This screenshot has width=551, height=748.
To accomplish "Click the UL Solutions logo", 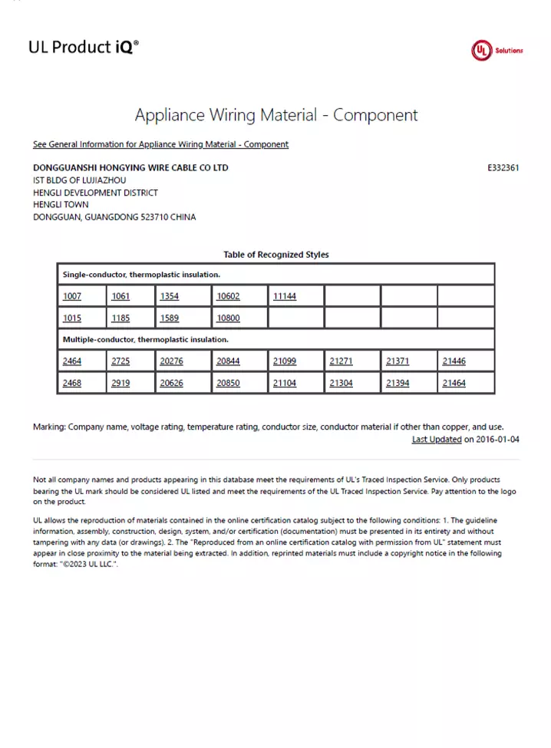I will coord(497,51).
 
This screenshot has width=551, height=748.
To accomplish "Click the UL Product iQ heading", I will coord(84,48).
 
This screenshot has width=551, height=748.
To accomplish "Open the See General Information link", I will coord(160,144).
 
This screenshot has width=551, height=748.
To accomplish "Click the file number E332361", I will coord(503,168).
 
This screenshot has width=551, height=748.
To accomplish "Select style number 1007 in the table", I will coord(72,297).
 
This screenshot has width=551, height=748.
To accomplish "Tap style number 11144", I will coord(284,297).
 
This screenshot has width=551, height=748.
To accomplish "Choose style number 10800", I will coord(228,318).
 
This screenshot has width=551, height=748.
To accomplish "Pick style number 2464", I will coord(72,361).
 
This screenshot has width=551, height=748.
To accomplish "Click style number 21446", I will coord(454,361).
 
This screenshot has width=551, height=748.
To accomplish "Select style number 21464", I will coord(454,383).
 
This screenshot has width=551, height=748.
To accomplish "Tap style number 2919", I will coord(120,383).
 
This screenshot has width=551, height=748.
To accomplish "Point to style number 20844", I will coord(228,361).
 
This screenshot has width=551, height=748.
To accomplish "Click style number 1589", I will coord(170,318).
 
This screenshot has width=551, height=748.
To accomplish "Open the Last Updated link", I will coord(436,440).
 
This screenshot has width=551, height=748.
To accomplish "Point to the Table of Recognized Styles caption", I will coord(275,255).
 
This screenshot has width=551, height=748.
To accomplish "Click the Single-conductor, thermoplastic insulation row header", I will coord(141,275).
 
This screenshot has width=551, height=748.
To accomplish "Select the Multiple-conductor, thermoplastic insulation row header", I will coord(145,339).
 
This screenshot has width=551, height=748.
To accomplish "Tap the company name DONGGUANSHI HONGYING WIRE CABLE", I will coord(130,168).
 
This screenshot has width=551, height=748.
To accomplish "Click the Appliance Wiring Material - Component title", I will coord(276,116).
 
